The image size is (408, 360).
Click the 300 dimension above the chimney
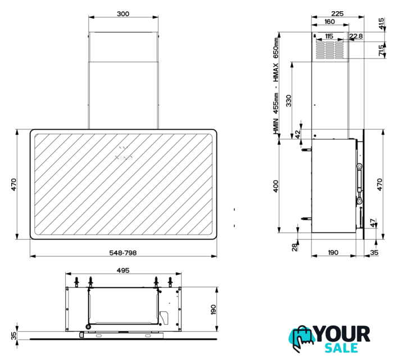click(x=123, y=14)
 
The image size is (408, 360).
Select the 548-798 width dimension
click(x=123, y=253)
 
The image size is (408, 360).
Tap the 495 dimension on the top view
click(x=123, y=271)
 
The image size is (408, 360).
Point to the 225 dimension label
click(x=337, y=13)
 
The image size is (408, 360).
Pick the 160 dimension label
click(x=329, y=21)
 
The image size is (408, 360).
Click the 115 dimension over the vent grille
click(x=329, y=36)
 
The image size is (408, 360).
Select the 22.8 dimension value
click(x=356, y=36)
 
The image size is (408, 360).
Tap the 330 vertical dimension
click(x=288, y=101)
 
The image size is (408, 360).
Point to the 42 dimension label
click(x=297, y=134)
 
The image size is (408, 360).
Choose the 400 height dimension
click(x=275, y=186)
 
